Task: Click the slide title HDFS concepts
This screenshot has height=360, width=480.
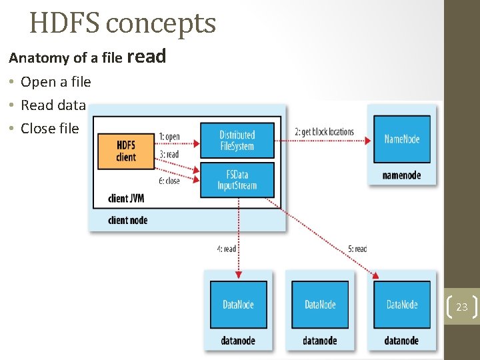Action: [123, 24]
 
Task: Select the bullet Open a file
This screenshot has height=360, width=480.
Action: [55, 82]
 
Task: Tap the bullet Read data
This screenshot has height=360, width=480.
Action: [53, 105]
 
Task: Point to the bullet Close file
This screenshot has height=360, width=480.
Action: [49, 129]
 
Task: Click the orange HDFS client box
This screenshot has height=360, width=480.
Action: [125, 151]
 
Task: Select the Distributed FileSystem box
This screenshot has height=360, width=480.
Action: [237, 140]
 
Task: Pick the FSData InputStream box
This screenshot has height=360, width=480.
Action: [237, 179]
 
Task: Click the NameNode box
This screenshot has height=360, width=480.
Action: [402, 139]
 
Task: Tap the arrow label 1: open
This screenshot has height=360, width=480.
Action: [169, 137]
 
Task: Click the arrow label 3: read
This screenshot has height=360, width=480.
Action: [169, 154]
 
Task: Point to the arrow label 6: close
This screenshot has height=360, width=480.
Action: [169, 181]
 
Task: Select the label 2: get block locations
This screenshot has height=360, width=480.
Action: [324, 132]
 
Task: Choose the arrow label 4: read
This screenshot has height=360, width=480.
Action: [226, 249]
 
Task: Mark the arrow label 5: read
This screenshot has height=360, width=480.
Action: [357, 249]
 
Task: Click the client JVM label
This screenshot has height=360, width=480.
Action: [126, 199]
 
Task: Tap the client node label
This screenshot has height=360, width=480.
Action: [127, 220]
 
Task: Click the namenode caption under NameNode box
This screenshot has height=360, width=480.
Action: [401, 175]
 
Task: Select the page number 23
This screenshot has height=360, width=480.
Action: [462, 307]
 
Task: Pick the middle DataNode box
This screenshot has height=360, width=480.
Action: [320, 305]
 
